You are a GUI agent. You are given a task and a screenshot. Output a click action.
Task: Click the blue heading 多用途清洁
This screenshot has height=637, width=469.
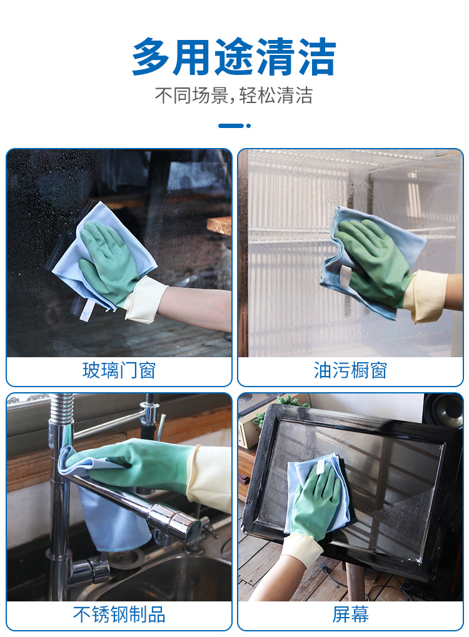[234, 57]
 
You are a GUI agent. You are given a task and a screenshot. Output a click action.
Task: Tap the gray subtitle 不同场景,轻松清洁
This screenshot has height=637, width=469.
[234, 96]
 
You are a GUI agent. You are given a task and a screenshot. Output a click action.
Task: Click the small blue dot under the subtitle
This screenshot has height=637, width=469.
[248, 126]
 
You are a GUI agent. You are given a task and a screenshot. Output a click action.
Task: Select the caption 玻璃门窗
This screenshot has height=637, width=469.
[119, 370]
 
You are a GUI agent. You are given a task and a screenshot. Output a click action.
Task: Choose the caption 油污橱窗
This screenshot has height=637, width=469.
[350, 370]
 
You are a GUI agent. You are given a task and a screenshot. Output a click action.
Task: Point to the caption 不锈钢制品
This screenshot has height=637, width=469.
[119, 615]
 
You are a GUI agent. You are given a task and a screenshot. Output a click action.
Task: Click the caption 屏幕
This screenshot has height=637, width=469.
[350, 615]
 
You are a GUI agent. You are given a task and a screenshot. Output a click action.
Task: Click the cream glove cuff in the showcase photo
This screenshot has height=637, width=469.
[426, 295]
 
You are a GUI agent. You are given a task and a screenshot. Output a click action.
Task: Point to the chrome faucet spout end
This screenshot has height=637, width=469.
[189, 527]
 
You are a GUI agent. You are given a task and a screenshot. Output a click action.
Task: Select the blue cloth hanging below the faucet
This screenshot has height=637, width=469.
[113, 520]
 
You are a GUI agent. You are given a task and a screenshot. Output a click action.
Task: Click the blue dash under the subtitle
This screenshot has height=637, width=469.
[231, 126]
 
